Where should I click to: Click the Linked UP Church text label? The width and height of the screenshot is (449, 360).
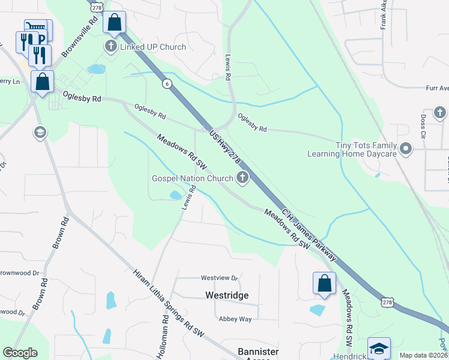tap(153, 47)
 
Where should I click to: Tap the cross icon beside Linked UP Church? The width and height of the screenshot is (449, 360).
tap(110, 46)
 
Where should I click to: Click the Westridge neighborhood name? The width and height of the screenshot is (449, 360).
tap(227, 296)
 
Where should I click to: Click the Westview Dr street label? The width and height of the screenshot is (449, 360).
tap(220, 278)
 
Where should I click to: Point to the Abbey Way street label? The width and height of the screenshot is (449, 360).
tap(235, 319)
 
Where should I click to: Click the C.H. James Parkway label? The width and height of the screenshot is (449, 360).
tap(310, 235)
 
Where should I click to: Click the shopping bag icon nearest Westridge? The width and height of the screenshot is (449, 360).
tap(324, 283)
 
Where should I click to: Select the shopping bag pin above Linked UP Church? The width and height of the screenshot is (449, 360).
tap(114, 22)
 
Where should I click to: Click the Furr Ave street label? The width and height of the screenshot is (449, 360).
tap(437, 88)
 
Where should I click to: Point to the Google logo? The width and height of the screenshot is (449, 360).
tap(20, 353)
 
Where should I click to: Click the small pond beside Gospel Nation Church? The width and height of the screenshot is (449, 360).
tap(175, 195)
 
